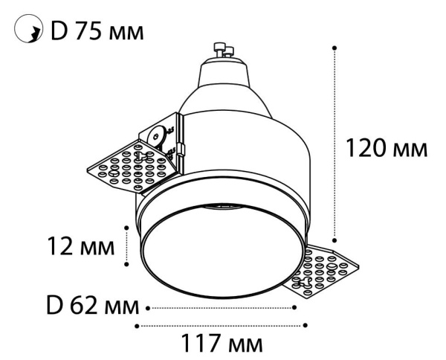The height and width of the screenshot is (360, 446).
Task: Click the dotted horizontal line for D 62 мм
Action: (223, 306)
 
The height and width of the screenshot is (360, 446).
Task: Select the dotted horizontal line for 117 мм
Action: (222, 325)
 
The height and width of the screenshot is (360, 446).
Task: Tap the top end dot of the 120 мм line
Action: (335, 48)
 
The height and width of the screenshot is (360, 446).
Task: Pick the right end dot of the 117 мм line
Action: (306, 325)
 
